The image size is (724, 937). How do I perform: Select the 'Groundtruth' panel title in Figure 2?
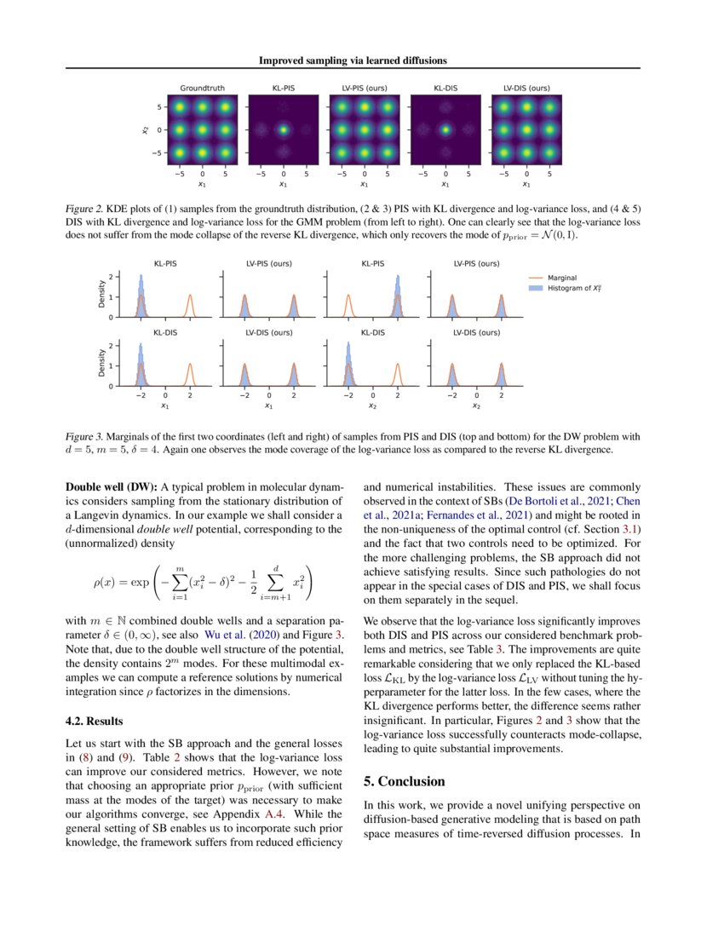click(201, 88)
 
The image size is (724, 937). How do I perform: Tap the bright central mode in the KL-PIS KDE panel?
click(283, 130)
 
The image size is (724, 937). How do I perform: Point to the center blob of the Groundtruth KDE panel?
click(202, 130)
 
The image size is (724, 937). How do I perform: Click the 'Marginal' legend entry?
click(562, 277)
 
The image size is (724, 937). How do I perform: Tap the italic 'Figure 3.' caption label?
click(87, 436)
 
